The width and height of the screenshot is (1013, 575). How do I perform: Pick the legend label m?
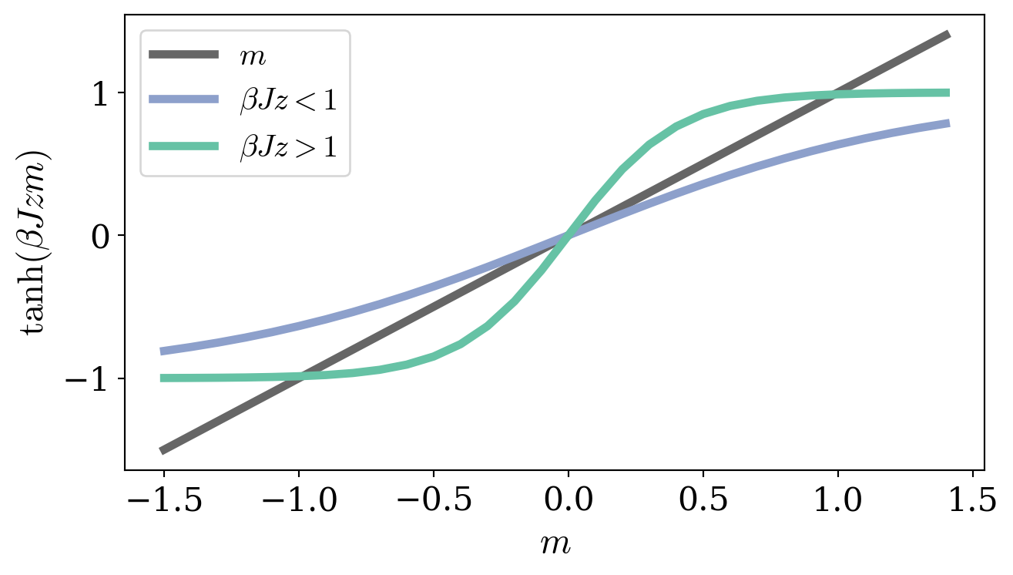253,55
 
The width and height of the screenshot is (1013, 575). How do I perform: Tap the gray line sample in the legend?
184,54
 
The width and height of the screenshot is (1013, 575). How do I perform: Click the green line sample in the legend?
184,146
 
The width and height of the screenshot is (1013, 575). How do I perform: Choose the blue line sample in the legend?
184,100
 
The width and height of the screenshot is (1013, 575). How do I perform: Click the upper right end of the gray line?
948,35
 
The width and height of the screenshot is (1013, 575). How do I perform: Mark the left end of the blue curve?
163,351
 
